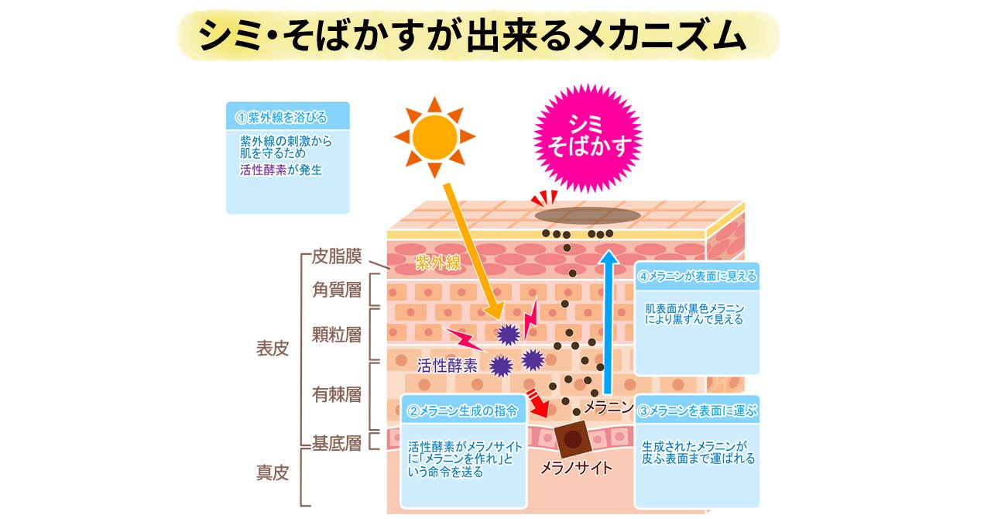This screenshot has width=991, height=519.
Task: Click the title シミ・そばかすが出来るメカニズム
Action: tap(473, 36)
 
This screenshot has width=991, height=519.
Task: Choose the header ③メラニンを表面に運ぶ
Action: tap(698, 410)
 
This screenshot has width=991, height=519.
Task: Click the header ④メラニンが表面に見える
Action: tap(696, 275)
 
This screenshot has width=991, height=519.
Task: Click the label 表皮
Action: tap(272, 349)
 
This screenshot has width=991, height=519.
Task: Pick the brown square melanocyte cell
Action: tap(572, 440)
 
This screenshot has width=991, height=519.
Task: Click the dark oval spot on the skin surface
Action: tap(587, 215)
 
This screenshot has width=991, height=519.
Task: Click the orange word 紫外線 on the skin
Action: tap(438, 262)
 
